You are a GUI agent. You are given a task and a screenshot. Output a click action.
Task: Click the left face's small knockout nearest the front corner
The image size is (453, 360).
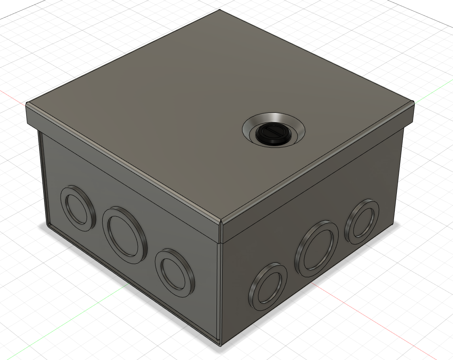tap(175, 271)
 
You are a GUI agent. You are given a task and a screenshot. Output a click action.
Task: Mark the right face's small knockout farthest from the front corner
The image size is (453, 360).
tap(362, 221)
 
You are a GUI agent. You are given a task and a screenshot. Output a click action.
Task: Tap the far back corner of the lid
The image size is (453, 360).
tap(219, 10)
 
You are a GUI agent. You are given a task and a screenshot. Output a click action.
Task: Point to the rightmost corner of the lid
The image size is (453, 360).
tap(414, 104)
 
